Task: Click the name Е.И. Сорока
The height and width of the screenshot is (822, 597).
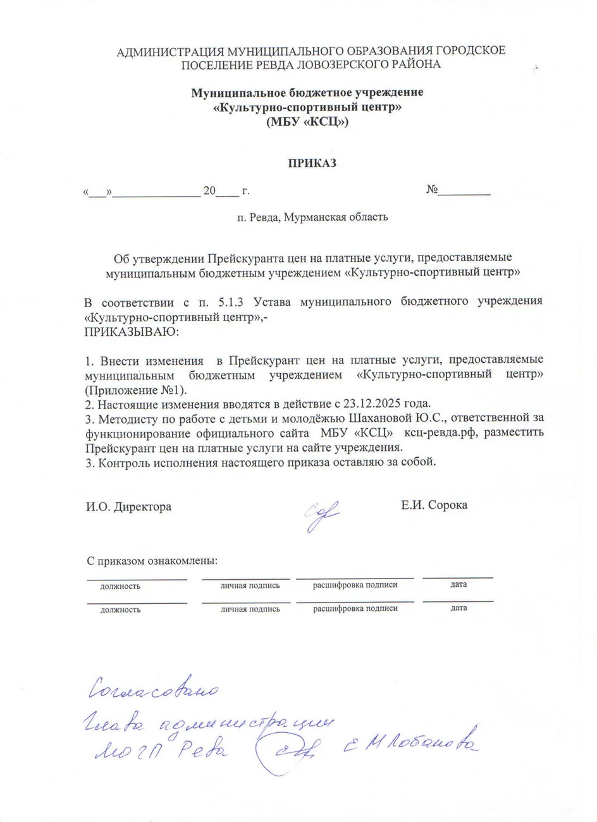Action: tap(434, 505)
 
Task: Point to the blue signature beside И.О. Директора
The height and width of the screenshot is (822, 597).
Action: tap(323, 515)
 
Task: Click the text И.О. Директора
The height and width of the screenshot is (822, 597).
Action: tap(128, 506)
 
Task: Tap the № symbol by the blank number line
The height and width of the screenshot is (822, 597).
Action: tap(433, 190)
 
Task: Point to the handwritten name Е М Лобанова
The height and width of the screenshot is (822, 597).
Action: tap(411, 746)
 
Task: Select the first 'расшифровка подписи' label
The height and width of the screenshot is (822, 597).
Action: tap(355, 585)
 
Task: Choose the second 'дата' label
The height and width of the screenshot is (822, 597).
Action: tap(459, 608)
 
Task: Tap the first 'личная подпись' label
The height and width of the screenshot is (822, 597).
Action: tap(250, 586)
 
